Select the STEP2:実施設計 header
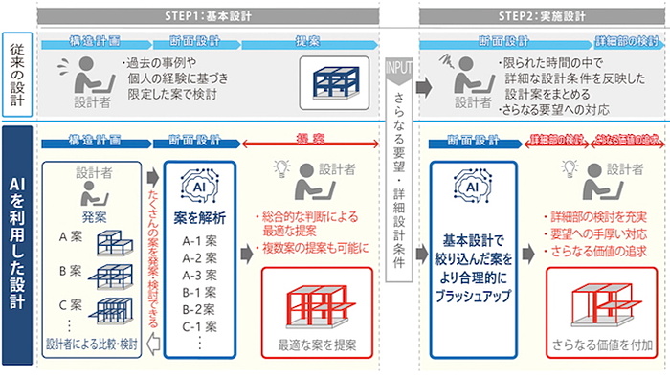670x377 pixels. coord(541,13)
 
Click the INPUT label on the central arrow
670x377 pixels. coord(399,70)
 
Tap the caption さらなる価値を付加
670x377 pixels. coord(601,344)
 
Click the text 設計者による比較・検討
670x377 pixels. coord(92,344)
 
